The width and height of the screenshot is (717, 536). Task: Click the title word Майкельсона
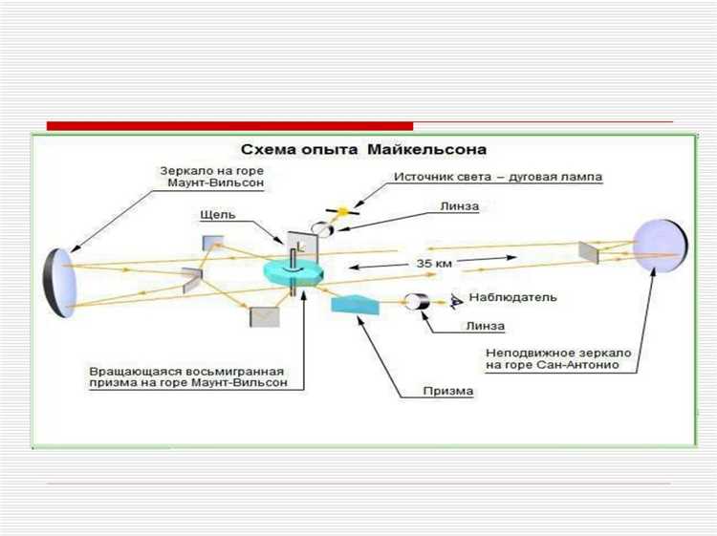(434, 150)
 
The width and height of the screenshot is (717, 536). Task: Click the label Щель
(219, 216)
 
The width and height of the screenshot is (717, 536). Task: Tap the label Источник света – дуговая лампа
(500, 177)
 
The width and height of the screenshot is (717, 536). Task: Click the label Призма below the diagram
(448, 390)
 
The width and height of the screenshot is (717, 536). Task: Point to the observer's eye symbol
(455, 301)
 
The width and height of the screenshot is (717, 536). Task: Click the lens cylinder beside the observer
(417, 302)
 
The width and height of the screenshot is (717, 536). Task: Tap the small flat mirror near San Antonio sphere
(589, 251)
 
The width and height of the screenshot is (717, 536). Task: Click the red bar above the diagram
(229, 126)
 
